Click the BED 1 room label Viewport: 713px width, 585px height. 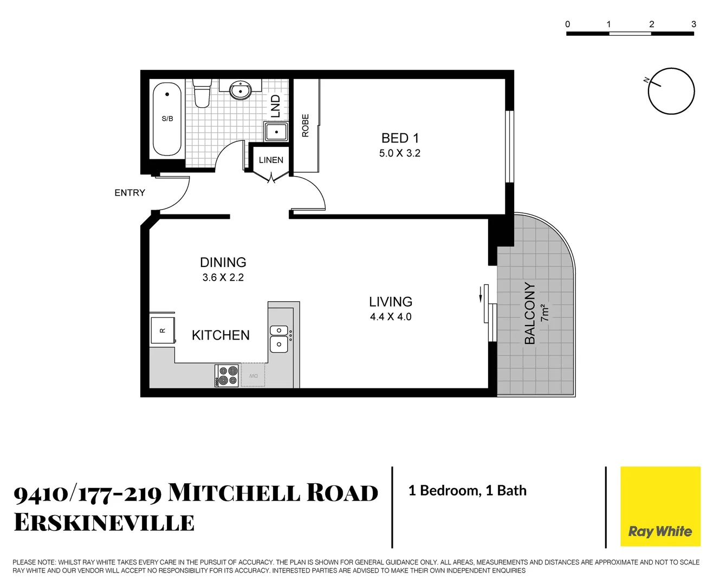[x=400, y=138]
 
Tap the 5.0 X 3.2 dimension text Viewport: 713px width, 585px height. [x=400, y=153]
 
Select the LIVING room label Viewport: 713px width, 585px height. [x=391, y=302]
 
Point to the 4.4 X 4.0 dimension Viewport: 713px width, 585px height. [x=391, y=317]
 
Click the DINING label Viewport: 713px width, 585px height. [x=223, y=262]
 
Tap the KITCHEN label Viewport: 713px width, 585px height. [x=221, y=335]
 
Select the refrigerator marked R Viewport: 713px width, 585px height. [x=162, y=330]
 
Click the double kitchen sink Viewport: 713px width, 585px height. [x=279, y=337]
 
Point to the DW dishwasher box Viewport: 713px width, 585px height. [x=253, y=376]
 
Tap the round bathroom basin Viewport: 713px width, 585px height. [x=240, y=90]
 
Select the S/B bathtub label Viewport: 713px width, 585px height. [x=167, y=119]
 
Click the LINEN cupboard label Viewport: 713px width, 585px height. [x=271, y=160]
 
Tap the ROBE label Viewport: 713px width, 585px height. [x=306, y=125]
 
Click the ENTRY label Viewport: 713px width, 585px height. [x=129, y=193]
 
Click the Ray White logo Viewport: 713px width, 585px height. [x=660, y=531]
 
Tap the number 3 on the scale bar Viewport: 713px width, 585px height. [x=693, y=24]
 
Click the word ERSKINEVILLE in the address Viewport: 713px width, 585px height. [x=104, y=523]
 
